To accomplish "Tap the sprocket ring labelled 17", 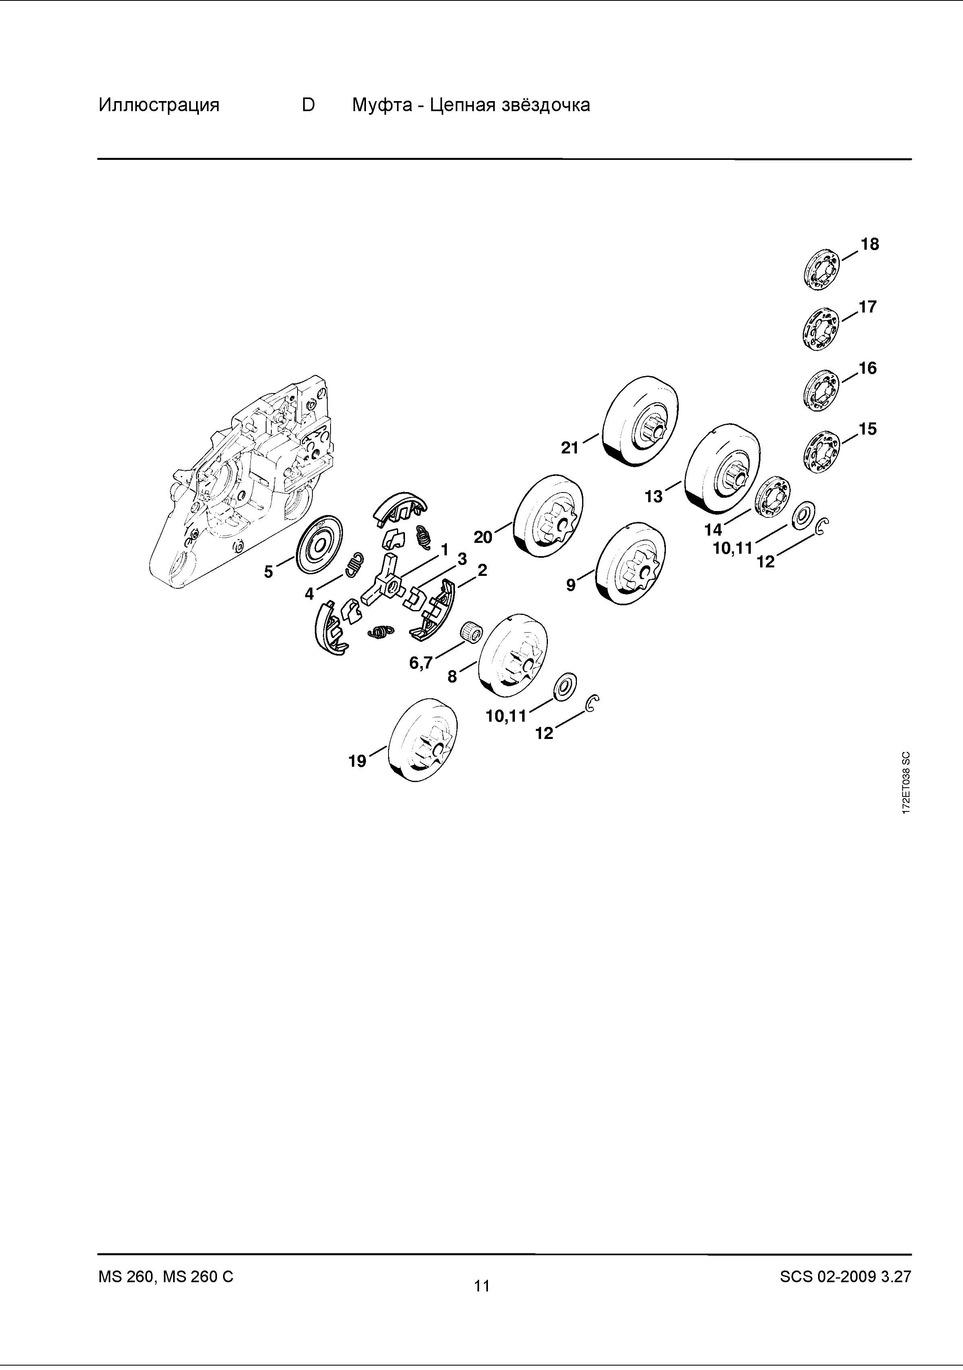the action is tap(821, 328).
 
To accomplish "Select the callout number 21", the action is tap(570, 447).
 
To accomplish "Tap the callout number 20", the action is tap(483, 537).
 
